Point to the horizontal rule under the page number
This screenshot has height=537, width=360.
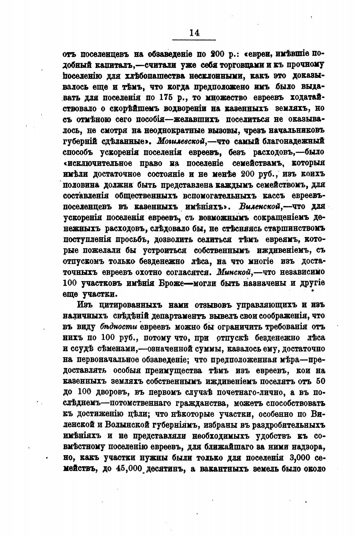(x=194, y=40)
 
